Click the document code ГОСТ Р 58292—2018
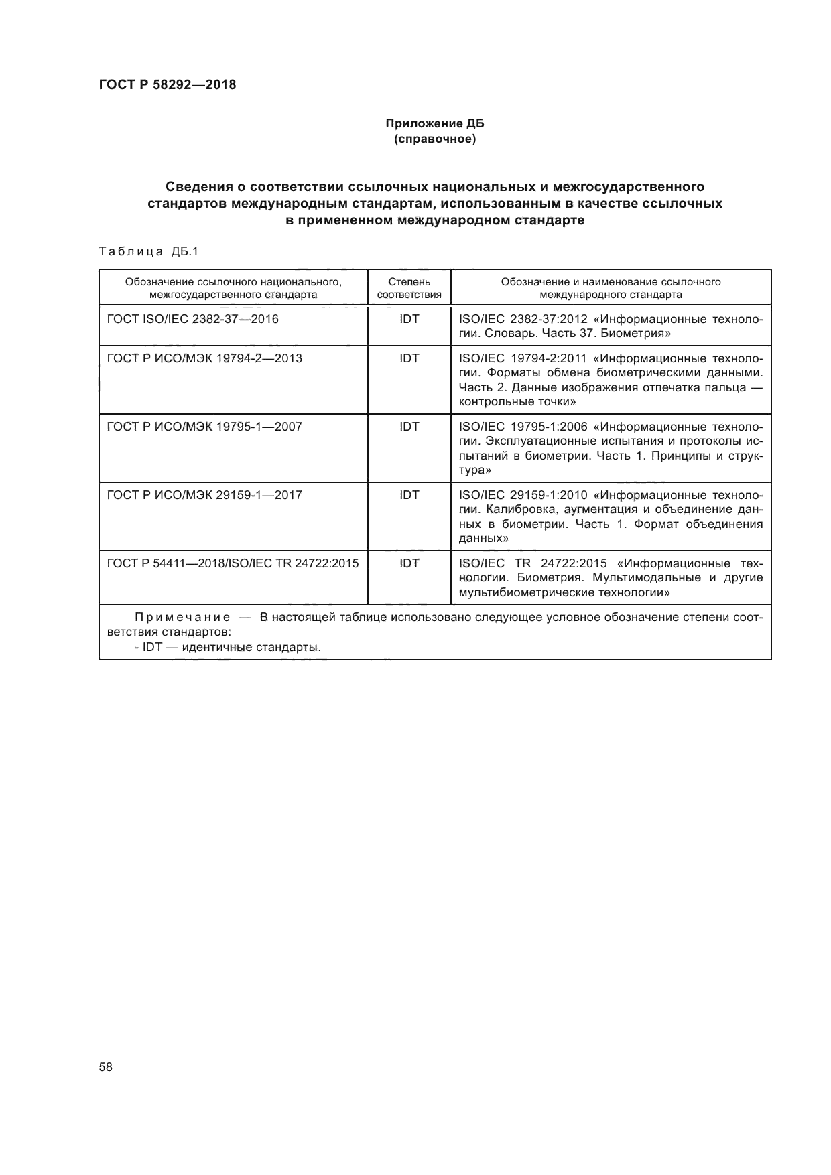(168, 85)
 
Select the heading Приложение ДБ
(434, 124)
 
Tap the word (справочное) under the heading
(434, 139)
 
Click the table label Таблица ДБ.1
(149, 252)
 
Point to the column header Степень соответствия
(409, 288)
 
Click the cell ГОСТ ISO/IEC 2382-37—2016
(193, 319)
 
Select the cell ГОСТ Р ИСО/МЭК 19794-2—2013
(204, 358)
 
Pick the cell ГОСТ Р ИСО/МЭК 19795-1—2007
(204, 427)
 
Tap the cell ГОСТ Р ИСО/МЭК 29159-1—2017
(204, 495)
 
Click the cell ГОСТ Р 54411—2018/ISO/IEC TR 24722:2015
(233, 563)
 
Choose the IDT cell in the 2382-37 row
(409, 319)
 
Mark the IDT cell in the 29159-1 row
(409, 495)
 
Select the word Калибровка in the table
(516, 510)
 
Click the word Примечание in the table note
(182, 617)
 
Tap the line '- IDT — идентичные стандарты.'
(227, 647)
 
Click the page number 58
(106, 1068)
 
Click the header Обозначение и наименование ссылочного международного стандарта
(611, 288)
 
